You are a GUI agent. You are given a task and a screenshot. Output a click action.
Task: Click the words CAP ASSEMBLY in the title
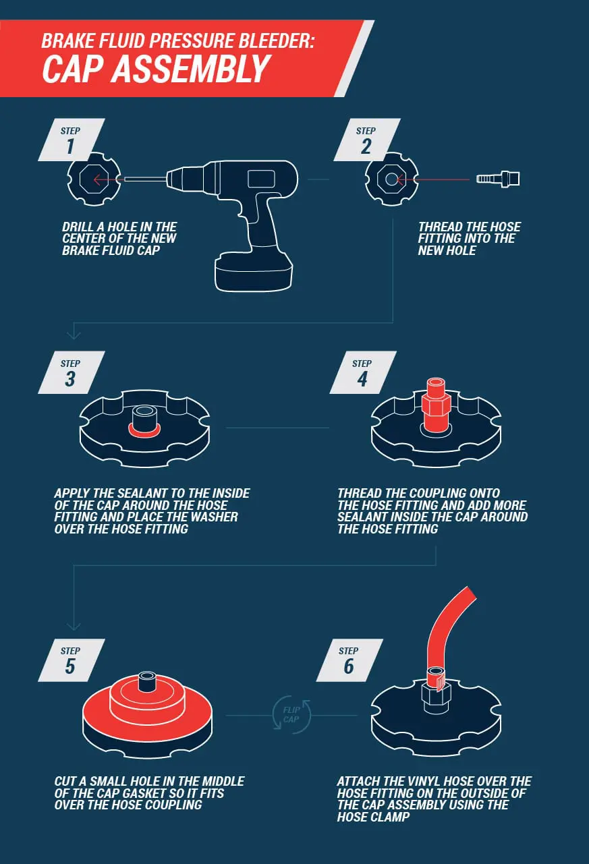[x=157, y=68]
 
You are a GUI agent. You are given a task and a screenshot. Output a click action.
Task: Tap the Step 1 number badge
[x=71, y=140]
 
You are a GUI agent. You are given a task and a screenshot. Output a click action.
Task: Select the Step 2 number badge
[x=365, y=140]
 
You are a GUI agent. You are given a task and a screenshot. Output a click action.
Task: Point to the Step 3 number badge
[x=71, y=373]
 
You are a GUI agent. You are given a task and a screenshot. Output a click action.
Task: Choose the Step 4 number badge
[x=362, y=373]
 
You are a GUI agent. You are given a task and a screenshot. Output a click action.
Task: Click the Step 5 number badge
[x=71, y=660]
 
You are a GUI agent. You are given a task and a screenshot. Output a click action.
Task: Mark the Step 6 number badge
[x=349, y=660]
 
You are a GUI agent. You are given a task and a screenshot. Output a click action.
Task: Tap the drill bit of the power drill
[x=144, y=179]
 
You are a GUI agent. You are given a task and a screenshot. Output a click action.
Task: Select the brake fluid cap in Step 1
[x=94, y=179]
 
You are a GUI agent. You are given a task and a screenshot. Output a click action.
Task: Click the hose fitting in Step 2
[x=498, y=179]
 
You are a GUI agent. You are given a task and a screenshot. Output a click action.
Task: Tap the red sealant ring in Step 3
[x=144, y=430]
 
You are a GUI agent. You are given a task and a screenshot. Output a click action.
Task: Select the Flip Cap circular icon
[x=291, y=715]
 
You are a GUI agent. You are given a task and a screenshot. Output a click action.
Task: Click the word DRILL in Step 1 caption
[x=78, y=227]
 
